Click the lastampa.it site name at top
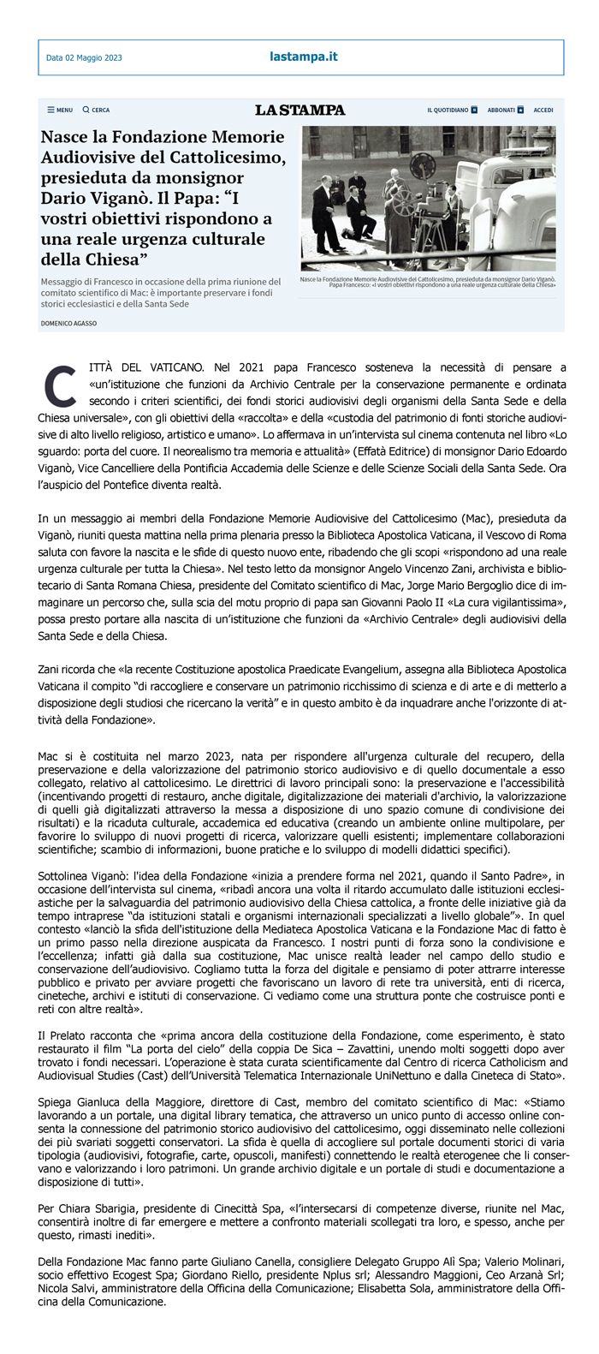click(303, 57)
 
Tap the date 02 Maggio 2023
click(84, 58)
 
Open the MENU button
click(60, 110)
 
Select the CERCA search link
click(96, 110)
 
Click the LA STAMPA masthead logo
click(299, 110)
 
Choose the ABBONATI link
click(505, 110)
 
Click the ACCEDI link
click(543, 110)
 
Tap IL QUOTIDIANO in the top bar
click(451, 110)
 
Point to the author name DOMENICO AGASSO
click(68, 323)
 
